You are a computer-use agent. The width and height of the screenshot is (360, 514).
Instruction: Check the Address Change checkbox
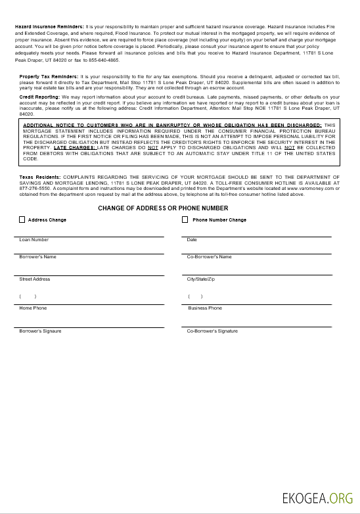22,220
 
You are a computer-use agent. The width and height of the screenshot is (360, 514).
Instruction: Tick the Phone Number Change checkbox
185,220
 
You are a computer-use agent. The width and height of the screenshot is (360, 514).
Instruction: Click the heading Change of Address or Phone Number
163,208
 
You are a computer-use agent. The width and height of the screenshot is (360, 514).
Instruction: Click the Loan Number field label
34,240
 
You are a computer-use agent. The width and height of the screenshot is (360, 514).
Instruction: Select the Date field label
192,240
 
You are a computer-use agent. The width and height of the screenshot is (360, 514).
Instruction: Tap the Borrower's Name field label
37,257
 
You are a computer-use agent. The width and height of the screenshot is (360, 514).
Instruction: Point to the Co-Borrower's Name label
209,257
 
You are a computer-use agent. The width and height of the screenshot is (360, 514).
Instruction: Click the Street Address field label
35,279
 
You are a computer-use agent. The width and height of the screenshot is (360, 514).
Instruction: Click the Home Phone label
33,308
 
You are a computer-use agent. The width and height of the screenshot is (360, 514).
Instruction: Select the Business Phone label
205,308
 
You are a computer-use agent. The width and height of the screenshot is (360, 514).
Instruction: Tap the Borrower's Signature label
40,331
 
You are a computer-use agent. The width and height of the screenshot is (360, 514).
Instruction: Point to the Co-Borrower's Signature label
212,331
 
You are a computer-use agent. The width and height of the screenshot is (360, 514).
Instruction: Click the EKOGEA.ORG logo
313,497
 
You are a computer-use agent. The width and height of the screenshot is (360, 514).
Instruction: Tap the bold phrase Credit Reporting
39,97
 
